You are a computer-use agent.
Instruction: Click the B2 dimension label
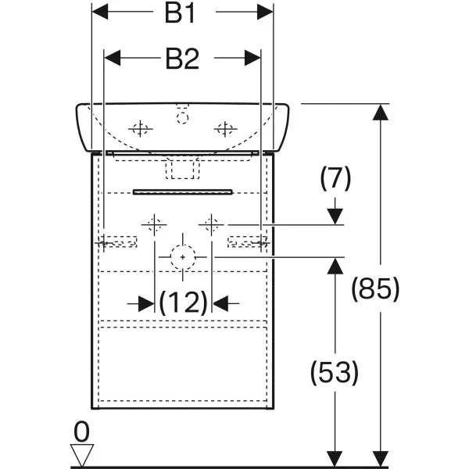click(x=181, y=58)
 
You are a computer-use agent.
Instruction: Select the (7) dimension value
click(x=335, y=179)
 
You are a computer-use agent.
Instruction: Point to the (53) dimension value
click(x=335, y=372)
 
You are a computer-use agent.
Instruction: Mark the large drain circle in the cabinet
click(x=182, y=256)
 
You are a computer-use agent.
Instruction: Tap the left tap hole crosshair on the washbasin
click(x=141, y=128)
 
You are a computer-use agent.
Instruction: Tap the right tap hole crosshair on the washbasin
click(x=224, y=128)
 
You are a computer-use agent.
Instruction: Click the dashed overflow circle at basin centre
click(x=182, y=118)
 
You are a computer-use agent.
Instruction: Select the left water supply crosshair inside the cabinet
click(x=154, y=224)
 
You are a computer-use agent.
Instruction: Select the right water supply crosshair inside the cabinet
click(x=209, y=224)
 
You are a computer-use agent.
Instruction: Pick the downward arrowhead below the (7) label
click(x=335, y=215)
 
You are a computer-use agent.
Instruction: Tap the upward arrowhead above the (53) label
click(x=335, y=266)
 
